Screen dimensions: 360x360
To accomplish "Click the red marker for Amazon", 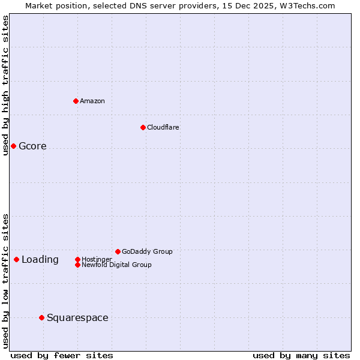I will (76, 101).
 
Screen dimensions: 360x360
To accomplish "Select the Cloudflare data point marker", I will (143, 127).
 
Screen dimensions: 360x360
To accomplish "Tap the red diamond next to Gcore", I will (13, 146).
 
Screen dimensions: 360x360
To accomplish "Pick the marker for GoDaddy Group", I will (118, 251).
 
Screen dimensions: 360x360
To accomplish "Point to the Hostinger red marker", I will (77, 259).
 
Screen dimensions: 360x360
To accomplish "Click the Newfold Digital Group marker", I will (77, 265).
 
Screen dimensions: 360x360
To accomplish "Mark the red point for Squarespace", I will (41, 317).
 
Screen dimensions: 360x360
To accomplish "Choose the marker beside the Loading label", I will (16, 259).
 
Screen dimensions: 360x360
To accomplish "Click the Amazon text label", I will (92, 101).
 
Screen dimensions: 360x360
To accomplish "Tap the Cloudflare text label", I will (163, 127).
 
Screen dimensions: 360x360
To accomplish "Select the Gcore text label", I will (32, 146).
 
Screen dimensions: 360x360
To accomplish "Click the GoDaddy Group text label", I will (147, 251).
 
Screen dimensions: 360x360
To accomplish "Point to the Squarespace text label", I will (77, 318).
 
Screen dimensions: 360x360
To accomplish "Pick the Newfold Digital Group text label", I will (116, 265).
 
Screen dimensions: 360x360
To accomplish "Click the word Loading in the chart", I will (40, 260).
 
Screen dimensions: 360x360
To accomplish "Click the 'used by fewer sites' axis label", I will (62, 356).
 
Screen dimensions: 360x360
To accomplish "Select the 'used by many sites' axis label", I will (301, 356).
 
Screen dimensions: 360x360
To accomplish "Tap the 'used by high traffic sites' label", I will (5, 85).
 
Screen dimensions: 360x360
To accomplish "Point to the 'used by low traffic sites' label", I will (5, 280).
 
